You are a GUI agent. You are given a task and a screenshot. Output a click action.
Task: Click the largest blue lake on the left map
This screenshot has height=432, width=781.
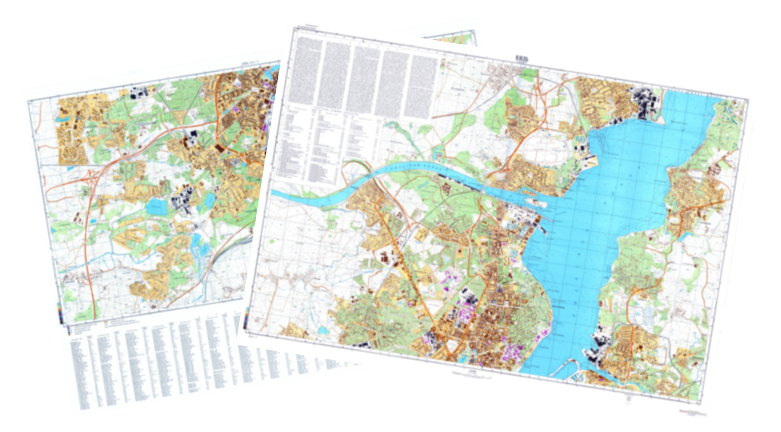coord(156,205)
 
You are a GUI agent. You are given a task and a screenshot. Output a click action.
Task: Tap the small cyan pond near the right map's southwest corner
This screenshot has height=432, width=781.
coord(323,329)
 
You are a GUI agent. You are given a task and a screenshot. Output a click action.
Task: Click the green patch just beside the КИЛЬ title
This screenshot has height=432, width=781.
coord(528,72)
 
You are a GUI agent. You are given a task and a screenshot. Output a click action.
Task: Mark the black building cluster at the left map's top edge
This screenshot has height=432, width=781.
coord(135,92)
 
